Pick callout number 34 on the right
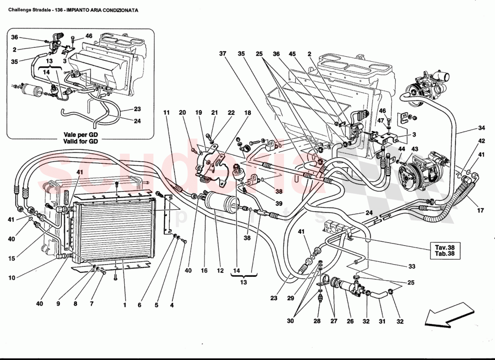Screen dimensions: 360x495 click(469, 127)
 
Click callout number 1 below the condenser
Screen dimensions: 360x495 click(124, 304)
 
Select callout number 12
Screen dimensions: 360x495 click(220, 271)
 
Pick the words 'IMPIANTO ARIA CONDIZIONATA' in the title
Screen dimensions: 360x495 click(103, 9)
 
